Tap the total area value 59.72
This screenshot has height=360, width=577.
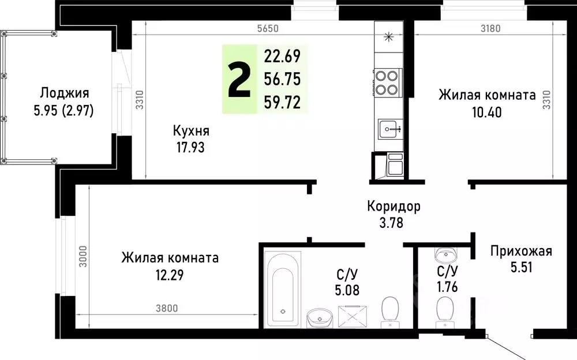pyautogui.click(x=283, y=103)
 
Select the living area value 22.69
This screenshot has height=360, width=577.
pyautogui.click(x=283, y=57)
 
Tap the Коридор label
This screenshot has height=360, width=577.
pyautogui.click(x=394, y=206)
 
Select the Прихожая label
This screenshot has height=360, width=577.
pyautogui.click(x=521, y=251)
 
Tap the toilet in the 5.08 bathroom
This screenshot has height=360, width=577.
pyautogui.click(x=391, y=310)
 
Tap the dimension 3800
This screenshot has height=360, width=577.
pyautogui.click(x=166, y=307)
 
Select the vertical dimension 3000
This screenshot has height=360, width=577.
pyautogui.click(x=83, y=257)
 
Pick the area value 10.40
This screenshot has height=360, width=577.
pyautogui.click(x=486, y=111)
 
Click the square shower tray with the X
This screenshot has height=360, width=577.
pyautogui.click(x=353, y=314)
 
